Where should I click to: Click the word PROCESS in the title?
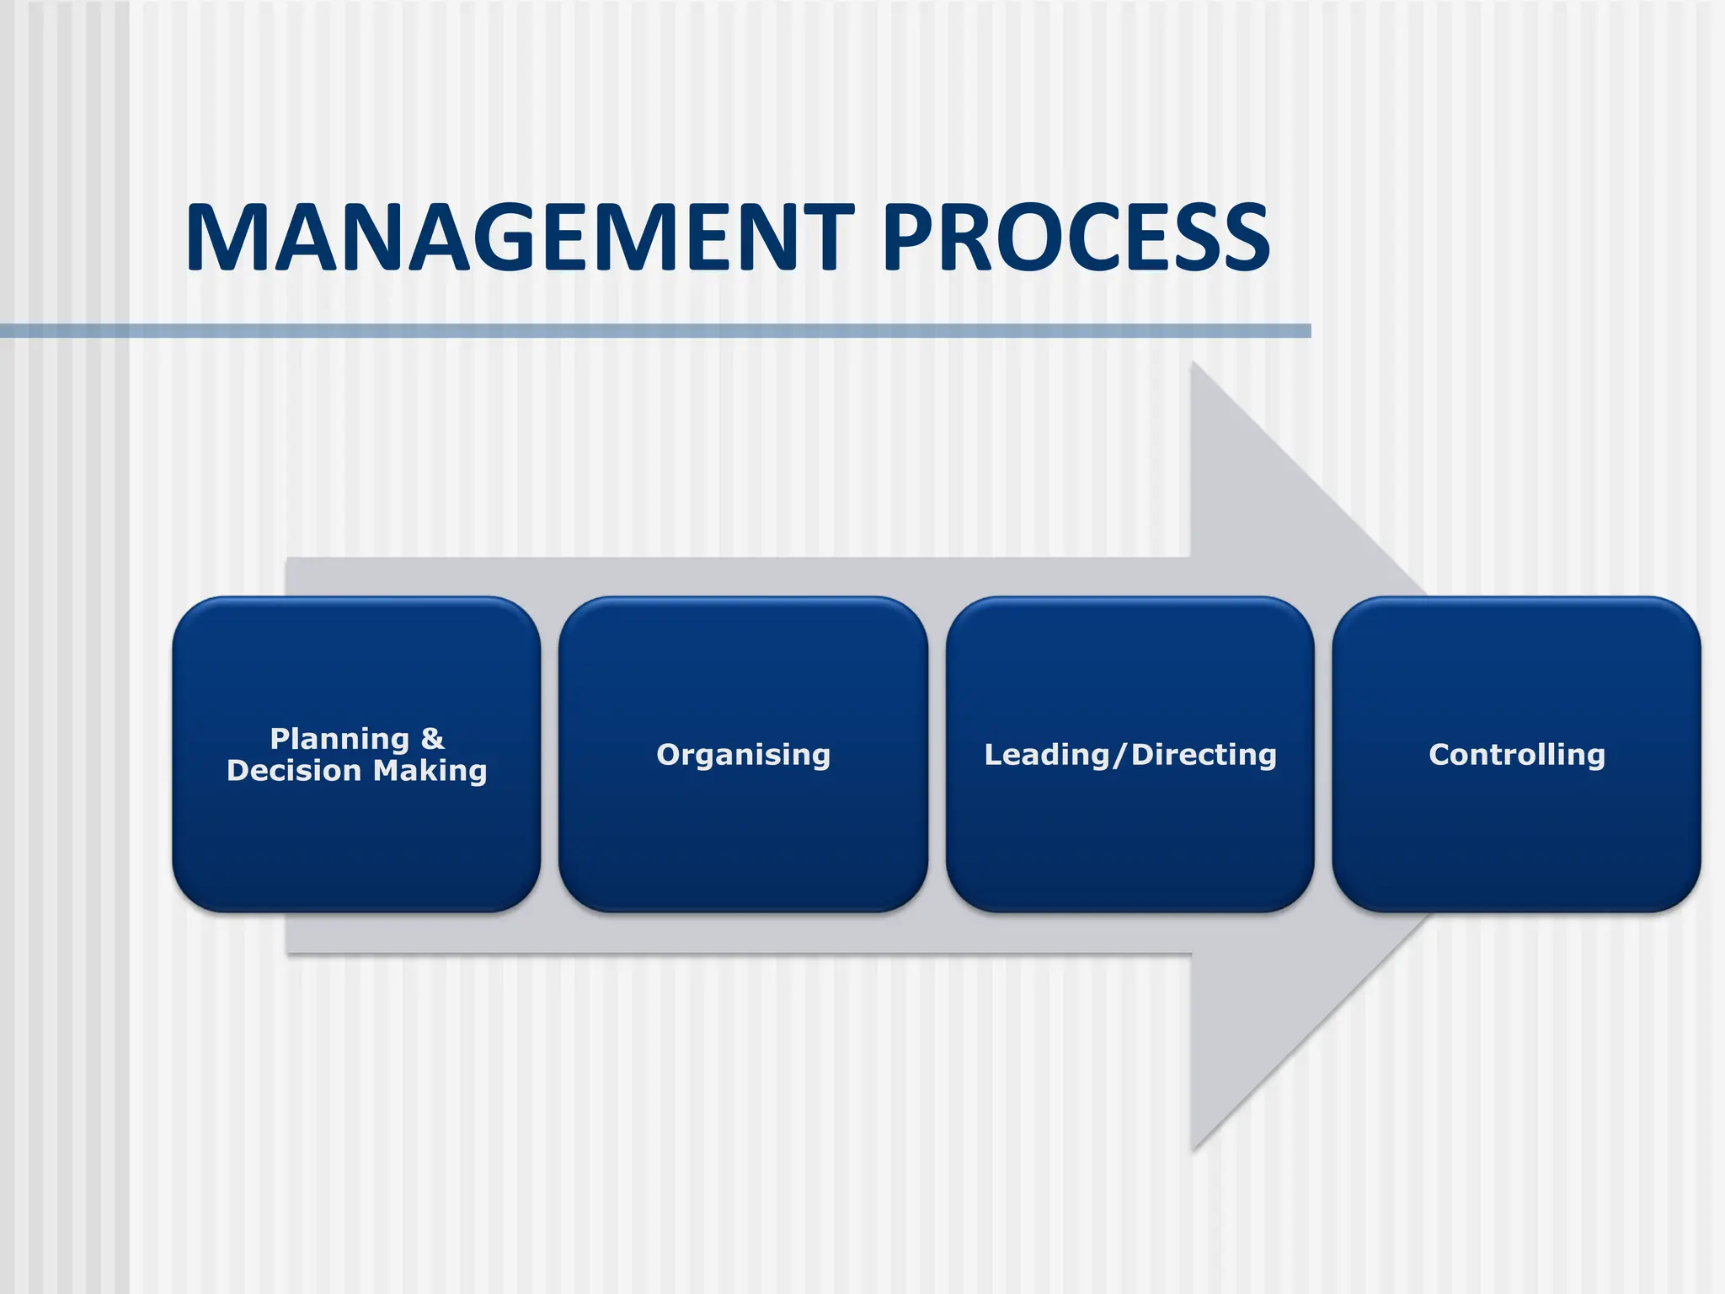click(x=1076, y=238)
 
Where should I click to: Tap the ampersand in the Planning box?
click(x=432, y=739)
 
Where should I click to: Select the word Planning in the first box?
click(x=339, y=739)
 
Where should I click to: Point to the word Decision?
click(x=294, y=771)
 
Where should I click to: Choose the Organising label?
click(x=744, y=755)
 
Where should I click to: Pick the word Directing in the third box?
click(x=1204, y=755)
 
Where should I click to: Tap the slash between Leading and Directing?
click(x=1120, y=756)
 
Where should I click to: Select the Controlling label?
click(x=1517, y=755)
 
